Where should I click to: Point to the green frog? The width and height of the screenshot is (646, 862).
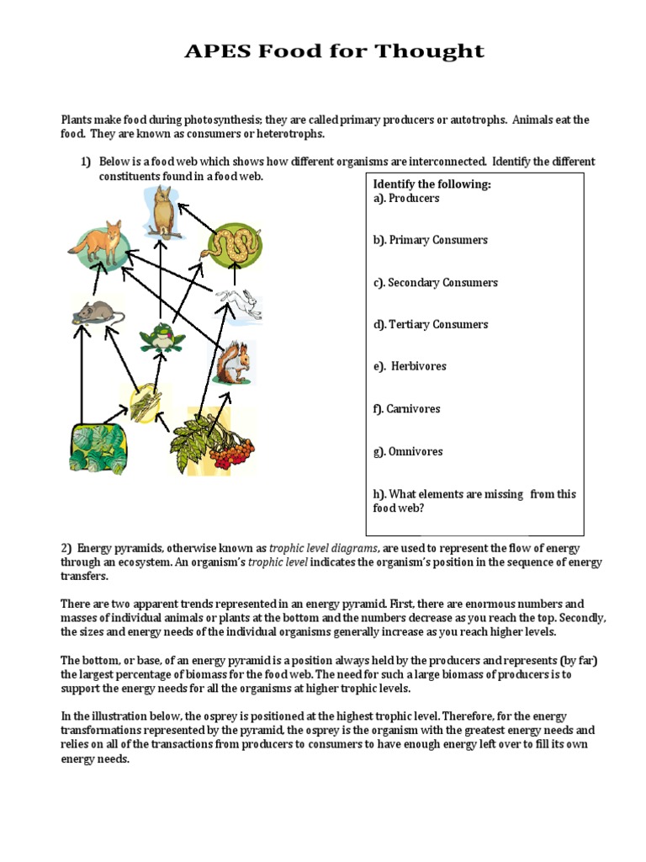point(162,338)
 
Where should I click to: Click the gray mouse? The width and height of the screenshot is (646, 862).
point(97,313)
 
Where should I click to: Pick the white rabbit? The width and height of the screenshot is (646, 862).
point(241,305)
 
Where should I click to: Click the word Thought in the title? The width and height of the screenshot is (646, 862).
point(432,51)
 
